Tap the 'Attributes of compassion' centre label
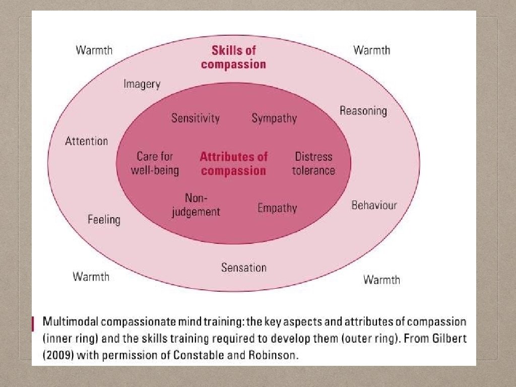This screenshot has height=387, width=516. pos(233,164)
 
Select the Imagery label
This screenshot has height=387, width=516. pos(142,84)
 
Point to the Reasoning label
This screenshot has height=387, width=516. pos(363,111)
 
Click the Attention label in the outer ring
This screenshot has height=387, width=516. pos(87,141)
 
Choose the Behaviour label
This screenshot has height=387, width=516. pos(374,205)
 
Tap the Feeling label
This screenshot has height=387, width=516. pos(104,219)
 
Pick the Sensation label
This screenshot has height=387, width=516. pos(243,268)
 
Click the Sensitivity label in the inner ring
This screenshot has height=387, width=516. pos(196,118)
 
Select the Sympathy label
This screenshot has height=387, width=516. pos(274,118)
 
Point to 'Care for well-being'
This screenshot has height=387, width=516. pos(155,163)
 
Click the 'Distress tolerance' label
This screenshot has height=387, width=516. pos(313,163)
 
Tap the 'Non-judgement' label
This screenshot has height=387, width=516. pos(196,205)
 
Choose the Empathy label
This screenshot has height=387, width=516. pos(277,208)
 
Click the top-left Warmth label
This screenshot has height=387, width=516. pos(94,50)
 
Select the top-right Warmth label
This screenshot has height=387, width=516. pos(371,50)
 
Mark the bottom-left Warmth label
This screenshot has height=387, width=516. pos(91,277)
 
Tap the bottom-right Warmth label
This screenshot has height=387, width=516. pos(381,280)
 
